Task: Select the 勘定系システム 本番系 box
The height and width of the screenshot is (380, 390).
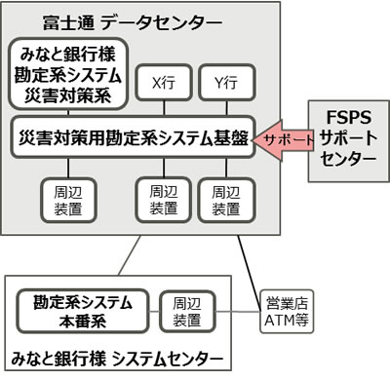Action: pos(82,312)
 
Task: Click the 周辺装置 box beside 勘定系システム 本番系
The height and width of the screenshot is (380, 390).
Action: pos(182,312)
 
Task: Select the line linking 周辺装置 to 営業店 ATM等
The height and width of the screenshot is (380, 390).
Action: pos(234,312)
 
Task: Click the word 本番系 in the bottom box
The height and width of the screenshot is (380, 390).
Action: pos(82,323)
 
